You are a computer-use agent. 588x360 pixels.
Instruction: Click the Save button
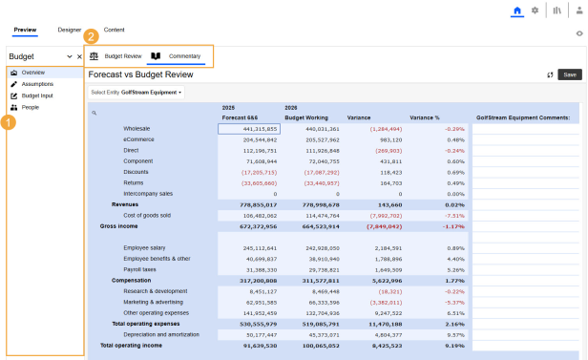click(x=569, y=74)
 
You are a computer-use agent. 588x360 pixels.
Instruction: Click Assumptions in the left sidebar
click(x=38, y=84)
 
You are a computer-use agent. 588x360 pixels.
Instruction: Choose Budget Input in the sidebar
click(x=37, y=96)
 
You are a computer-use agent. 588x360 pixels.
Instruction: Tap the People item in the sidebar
click(x=31, y=108)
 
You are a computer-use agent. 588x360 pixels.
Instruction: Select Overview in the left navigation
click(x=33, y=73)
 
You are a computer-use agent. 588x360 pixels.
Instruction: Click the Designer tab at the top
click(x=70, y=30)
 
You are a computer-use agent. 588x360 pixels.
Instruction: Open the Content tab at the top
click(x=114, y=30)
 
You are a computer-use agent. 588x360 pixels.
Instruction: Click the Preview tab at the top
click(x=25, y=30)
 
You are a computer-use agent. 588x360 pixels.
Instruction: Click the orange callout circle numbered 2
click(x=91, y=37)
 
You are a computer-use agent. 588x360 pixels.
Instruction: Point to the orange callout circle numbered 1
click(x=8, y=122)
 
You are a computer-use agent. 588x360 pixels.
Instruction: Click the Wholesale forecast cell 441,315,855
click(x=248, y=128)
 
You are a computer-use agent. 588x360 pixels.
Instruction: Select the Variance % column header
click(x=425, y=117)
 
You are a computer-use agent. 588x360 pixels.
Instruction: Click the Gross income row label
click(x=119, y=226)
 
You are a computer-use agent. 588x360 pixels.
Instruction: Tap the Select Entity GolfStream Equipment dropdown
click(x=136, y=93)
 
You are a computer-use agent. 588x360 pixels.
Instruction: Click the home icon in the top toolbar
click(x=518, y=11)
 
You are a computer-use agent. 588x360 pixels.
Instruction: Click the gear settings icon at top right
click(x=535, y=11)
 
